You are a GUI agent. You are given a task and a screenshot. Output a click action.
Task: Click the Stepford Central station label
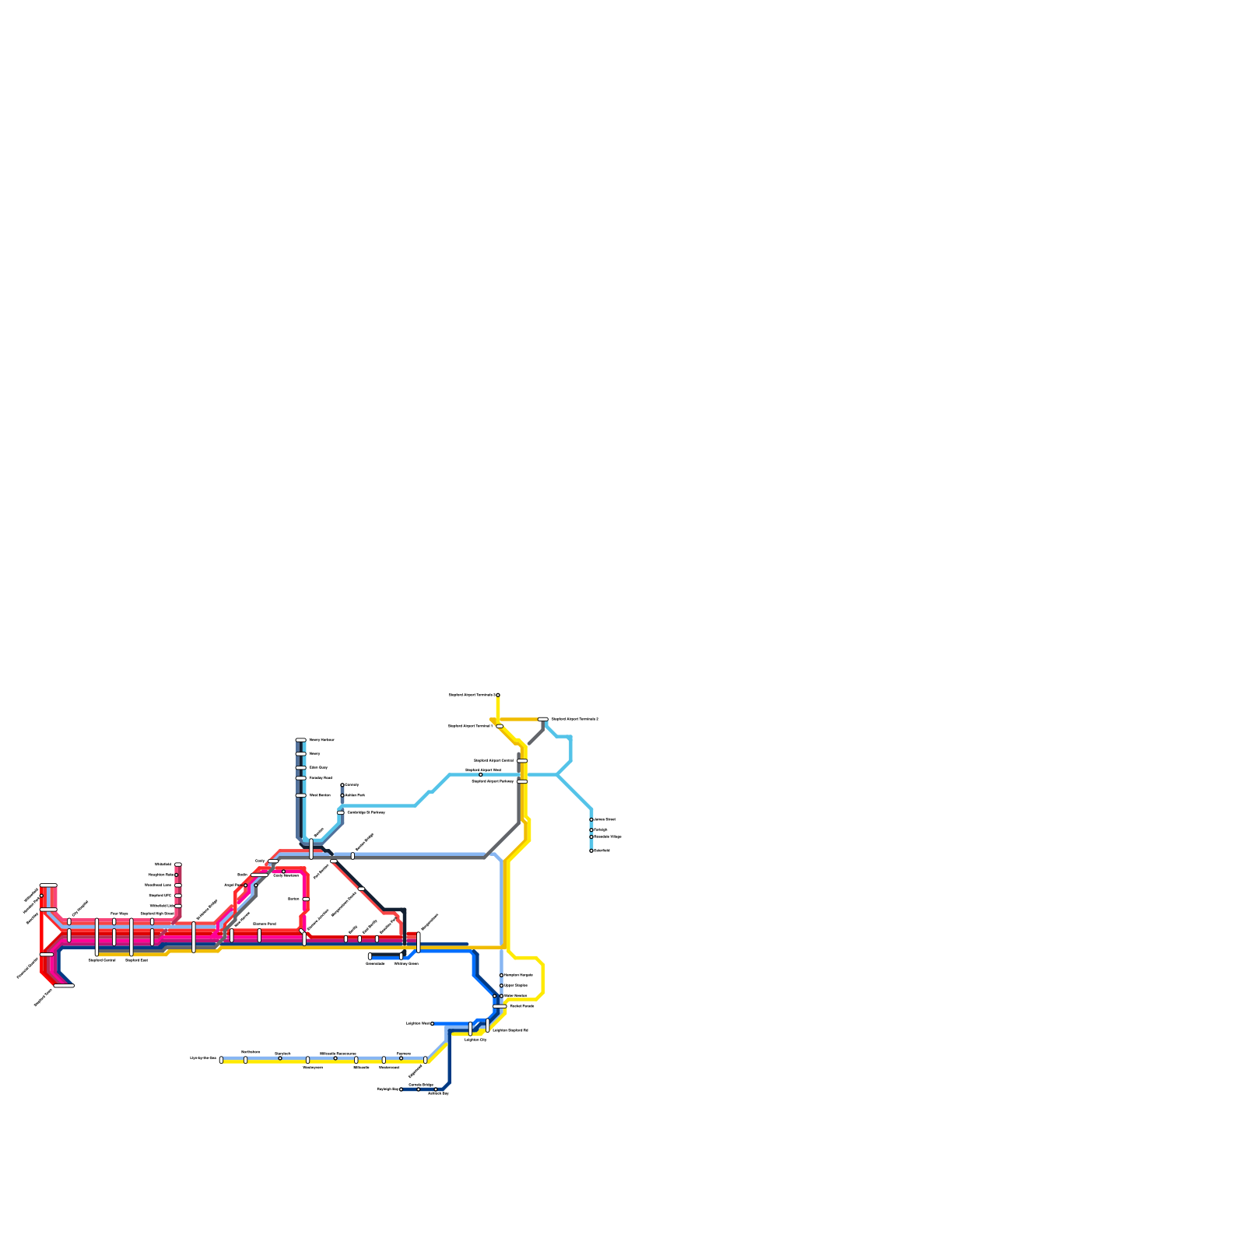tap(102, 960)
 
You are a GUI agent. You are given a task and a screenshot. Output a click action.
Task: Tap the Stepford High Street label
tap(157, 914)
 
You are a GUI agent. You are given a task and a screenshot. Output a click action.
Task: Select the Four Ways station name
tap(119, 914)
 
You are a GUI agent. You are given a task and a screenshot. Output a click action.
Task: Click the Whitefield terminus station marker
tap(178, 864)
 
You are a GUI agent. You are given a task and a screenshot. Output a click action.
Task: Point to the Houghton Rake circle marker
tap(177, 875)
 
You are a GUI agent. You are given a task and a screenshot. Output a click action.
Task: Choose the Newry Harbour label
tap(321, 740)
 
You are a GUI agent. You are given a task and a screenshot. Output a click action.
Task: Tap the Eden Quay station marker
tap(300, 768)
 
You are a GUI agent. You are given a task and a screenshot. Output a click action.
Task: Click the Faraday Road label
tap(321, 777)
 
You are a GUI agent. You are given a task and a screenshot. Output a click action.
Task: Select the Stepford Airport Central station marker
tap(522, 760)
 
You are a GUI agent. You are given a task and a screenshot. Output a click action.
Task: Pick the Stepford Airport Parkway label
tap(493, 781)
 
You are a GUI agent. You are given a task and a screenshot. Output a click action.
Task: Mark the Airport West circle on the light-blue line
tap(480, 775)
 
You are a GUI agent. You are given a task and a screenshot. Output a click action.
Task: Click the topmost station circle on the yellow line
tap(498, 695)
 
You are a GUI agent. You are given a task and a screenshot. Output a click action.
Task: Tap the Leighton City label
tap(475, 1040)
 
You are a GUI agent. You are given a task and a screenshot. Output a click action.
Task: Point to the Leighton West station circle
tap(433, 1024)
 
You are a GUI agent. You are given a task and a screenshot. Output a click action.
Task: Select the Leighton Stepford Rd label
tap(510, 1030)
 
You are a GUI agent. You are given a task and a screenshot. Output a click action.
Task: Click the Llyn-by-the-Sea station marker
tap(221, 1060)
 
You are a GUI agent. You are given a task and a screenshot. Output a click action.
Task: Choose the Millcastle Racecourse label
tap(338, 1054)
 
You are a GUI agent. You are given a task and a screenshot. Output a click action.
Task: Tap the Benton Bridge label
tap(421, 1085)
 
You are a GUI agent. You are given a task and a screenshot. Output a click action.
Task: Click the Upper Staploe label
tap(516, 986)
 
